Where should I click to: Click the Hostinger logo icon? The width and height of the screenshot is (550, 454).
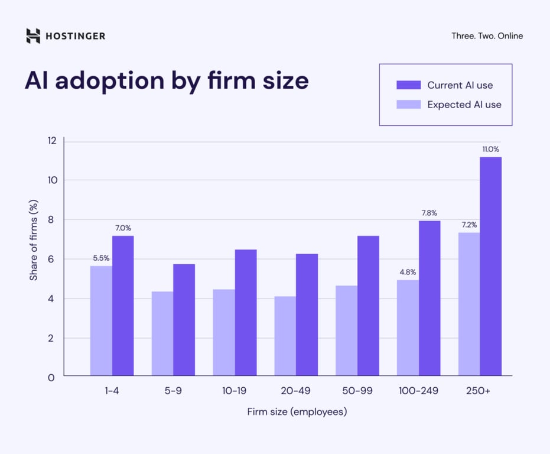pyautogui.click(x=33, y=36)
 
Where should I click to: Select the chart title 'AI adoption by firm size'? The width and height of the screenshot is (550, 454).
pyautogui.click(x=167, y=80)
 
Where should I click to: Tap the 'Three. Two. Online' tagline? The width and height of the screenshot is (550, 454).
pyautogui.click(x=487, y=36)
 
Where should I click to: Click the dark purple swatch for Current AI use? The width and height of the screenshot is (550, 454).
pyautogui.click(x=408, y=85)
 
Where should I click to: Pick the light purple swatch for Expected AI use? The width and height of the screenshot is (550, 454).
pyautogui.click(x=408, y=105)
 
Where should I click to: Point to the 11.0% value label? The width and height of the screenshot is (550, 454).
pyautogui.click(x=490, y=149)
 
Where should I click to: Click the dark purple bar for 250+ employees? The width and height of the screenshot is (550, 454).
pyautogui.click(x=490, y=266)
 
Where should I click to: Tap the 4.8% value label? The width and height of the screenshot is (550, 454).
pyautogui.click(x=408, y=273)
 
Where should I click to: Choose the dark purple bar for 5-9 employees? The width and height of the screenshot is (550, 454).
pyautogui.click(x=184, y=319)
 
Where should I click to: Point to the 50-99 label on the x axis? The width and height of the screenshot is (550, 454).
pyautogui.click(x=357, y=391)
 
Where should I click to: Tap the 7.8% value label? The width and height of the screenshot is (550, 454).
pyautogui.click(x=429, y=213)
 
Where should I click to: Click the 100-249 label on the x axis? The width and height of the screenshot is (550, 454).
pyautogui.click(x=418, y=391)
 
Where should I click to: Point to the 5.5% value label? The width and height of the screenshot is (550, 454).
pyautogui.click(x=101, y=258)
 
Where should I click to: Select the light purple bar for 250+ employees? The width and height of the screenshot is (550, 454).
pyautogui.click(x=469, y=304)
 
